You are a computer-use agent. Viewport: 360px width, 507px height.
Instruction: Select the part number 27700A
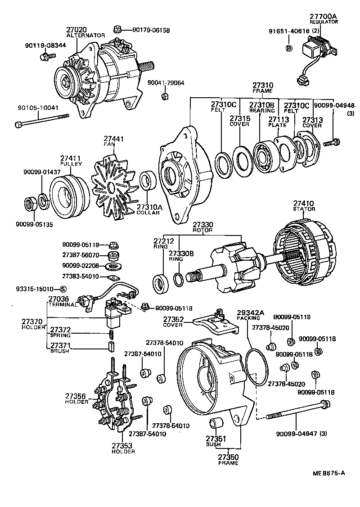click(x=323, y=16)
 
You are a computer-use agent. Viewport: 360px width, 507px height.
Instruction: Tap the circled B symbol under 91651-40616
click(x=289, y=48)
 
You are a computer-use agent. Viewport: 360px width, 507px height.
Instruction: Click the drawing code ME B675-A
click(x=329, y=473)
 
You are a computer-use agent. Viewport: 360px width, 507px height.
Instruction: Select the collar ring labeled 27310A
click(x=148, y=181)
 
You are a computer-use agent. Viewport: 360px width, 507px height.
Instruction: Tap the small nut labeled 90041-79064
click(x=165, y=96)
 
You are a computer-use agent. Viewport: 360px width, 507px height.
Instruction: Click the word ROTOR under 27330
click(x=203, y=230)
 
